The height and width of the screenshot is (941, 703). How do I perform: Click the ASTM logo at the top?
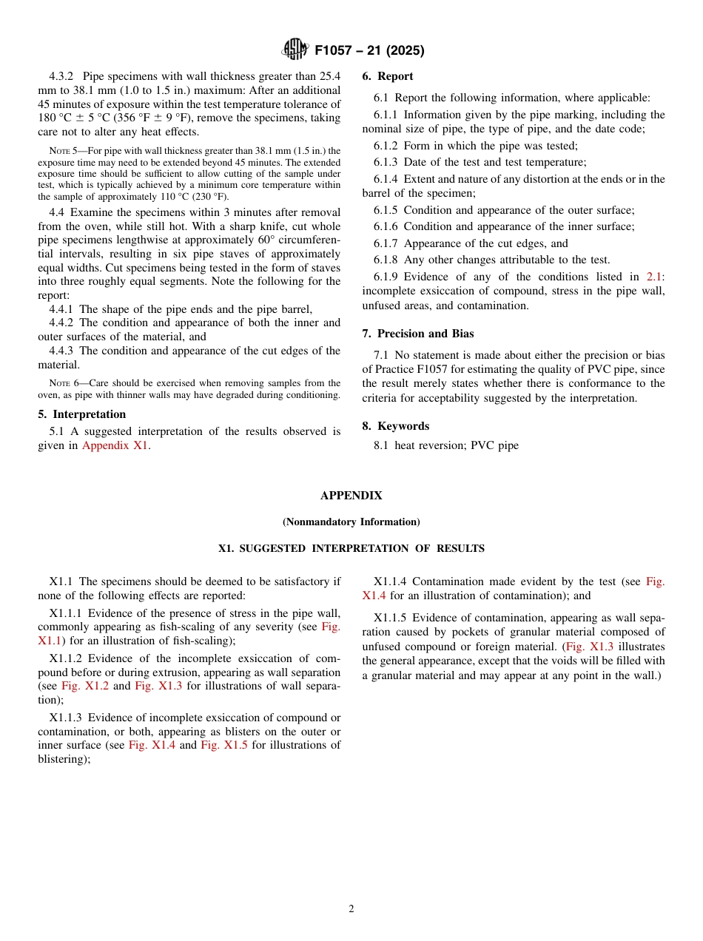click(295, 50)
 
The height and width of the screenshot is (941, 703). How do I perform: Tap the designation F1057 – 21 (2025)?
click(369, 51)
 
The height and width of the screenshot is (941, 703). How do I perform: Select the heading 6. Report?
click(388, 76)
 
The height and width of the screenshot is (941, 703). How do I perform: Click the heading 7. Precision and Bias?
click(418, 334)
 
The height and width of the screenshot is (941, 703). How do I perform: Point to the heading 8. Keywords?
click(396, 426)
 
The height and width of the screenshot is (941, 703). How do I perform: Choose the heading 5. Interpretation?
click(82, 414)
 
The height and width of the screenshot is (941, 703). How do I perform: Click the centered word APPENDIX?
click(351, 496)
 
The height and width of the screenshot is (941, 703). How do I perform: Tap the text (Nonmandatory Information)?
click(351, 522)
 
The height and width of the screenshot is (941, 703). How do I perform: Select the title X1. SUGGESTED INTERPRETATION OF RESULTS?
click(351, 549)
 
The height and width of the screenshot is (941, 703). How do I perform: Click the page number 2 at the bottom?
click(351, 909)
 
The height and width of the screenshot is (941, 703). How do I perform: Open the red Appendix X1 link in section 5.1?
click(115, 445)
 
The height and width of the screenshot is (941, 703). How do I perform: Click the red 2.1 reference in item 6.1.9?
click(653, 277)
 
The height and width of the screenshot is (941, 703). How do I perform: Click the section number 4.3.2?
click(64, 76)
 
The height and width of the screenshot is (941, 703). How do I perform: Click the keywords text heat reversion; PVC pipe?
click(457, 445)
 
